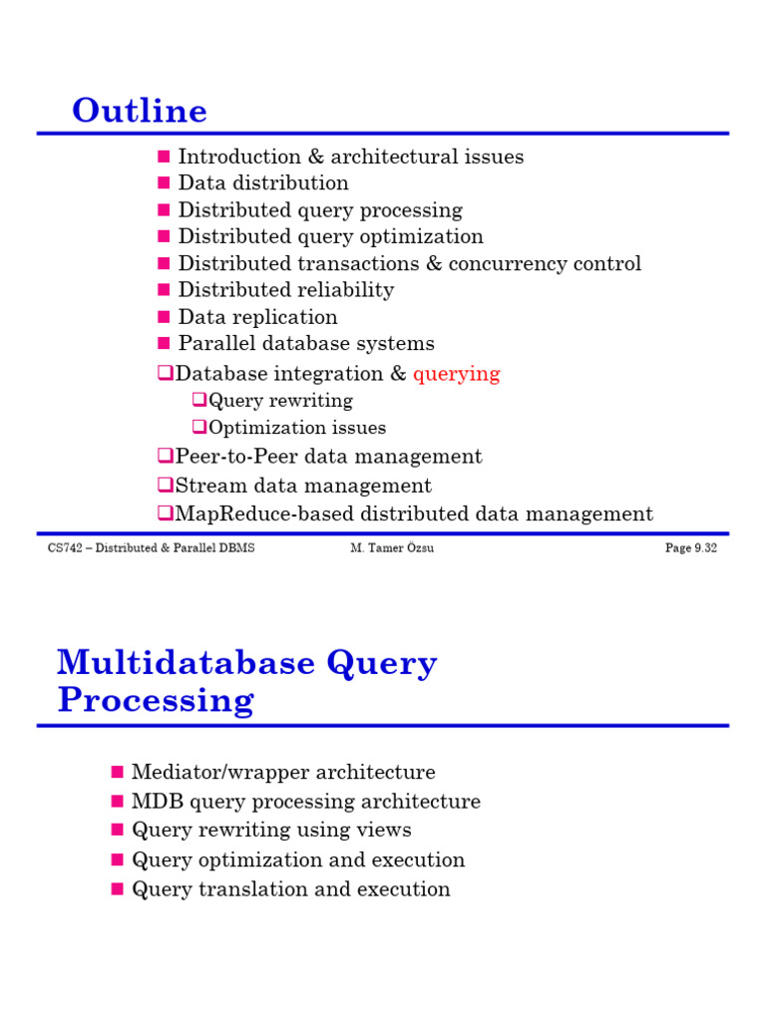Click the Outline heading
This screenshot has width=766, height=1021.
click(x=140, y=111)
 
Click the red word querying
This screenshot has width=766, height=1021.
click(x=457, y=374)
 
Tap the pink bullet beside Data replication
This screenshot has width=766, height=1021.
click(x=165, y=317)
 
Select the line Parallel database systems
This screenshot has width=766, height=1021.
click(x=306, y=344)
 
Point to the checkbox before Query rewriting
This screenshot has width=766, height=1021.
click(x=198, y=400)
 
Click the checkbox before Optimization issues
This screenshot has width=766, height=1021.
click(x=198, y=427)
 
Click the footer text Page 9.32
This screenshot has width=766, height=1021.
click(x=691, y=548)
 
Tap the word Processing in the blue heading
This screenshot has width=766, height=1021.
click(x=156, y=700)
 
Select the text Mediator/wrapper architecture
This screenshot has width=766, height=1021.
click(x=283, y=773)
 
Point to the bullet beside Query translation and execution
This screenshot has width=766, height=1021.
click(x=117, y=888)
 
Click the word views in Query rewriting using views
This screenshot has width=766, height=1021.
click(x=384, y=831)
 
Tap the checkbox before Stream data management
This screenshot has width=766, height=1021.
click(x=165, y=486)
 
